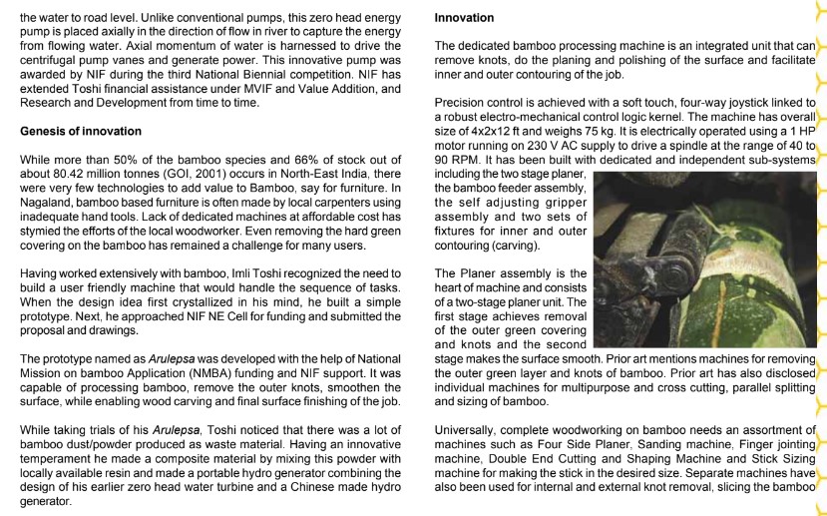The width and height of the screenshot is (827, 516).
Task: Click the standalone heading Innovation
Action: pos(465,18)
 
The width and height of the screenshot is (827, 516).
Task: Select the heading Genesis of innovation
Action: pos(81,132)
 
